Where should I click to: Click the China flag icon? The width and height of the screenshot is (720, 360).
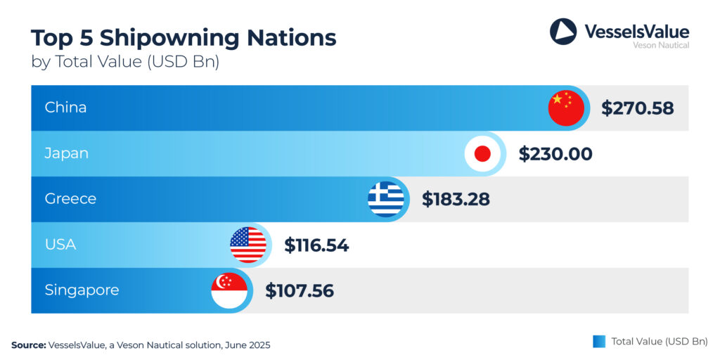point(566,108)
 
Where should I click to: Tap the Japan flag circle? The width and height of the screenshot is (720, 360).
point(482,154)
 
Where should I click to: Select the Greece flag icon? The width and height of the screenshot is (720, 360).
point(386,199)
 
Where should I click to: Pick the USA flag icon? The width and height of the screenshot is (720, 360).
point(248,245)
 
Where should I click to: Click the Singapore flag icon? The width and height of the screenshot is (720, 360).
point(229,290)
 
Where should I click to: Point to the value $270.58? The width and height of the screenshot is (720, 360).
point(637,108)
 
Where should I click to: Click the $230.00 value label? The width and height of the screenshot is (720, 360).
point(555,154)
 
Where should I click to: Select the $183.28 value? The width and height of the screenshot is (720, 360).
point(456,199)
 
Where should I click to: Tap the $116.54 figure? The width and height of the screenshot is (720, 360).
point(316,245)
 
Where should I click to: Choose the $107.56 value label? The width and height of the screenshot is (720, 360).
point(299,290)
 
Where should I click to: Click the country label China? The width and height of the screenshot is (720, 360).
point(65,108)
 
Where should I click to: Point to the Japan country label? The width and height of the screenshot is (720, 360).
point(66,153)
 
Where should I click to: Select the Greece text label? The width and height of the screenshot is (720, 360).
point(70,199)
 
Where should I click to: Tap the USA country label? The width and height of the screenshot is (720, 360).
point(60,245)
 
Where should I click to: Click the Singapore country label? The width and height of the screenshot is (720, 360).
point(82,290)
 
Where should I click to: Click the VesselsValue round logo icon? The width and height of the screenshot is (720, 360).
point(562,32)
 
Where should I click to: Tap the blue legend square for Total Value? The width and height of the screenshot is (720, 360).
point(599,341)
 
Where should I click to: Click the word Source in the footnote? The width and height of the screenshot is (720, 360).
point(28,345)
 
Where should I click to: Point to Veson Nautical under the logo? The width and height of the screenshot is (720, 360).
point(661,45)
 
